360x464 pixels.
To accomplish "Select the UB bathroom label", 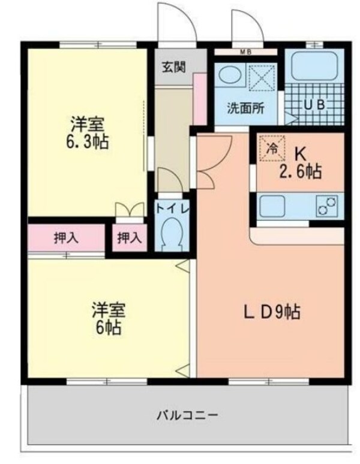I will coord(314,104).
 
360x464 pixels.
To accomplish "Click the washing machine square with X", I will coord(262,76).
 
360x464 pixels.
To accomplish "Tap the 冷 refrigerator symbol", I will coord(271,147).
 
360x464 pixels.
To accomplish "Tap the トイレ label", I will coord(172,209).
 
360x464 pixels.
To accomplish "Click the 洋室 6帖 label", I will coord(108,318).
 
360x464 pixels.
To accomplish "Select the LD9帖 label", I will coord(271,312).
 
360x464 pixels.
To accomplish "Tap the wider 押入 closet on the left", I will coord(65,238).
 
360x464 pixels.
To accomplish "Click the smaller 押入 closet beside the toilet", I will coord(130,238).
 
